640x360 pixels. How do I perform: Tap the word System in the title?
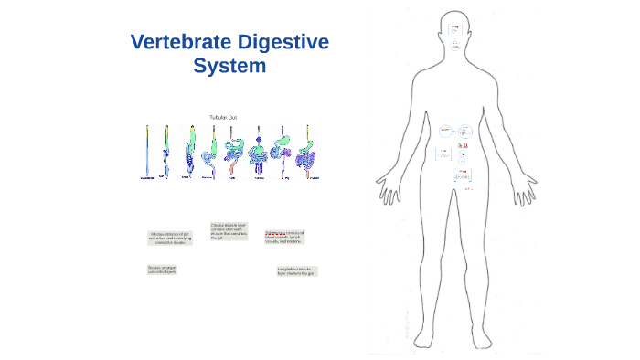point(229,66)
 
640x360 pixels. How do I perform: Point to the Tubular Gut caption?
point(223,117)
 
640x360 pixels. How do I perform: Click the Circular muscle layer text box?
point(229,230)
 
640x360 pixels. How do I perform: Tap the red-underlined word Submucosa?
point(274,233)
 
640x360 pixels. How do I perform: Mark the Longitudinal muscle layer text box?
point(297,271)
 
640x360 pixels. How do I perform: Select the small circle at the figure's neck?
point(455,47)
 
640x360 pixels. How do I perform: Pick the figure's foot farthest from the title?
point(484,346)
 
